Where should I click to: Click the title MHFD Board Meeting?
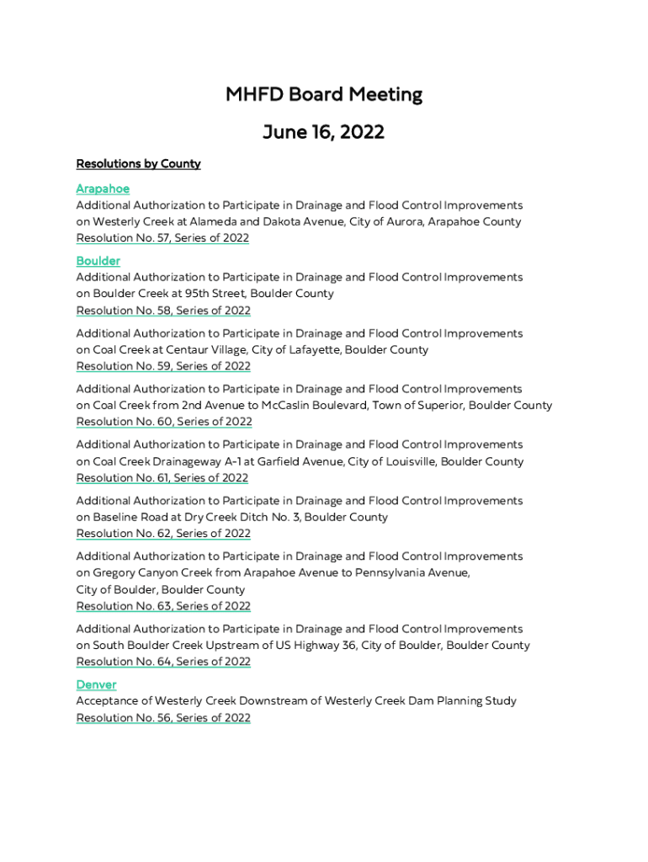pos(324,94)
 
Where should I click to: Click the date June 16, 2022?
pos(324,132)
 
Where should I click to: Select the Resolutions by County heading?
pos(138,163)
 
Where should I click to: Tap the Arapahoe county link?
pos(103,189)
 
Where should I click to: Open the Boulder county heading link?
pos(98,261)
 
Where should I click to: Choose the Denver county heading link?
pos(96,684)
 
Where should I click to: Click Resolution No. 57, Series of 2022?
pos(162,238)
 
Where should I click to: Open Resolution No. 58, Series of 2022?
pos(163,311)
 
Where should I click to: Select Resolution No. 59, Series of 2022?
pos(163,366)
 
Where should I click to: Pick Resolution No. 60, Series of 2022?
pos(164,422)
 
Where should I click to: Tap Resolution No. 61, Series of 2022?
pos(162,478)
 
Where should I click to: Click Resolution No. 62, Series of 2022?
pos(163,534)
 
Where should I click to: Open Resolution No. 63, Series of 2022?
pos(163,606)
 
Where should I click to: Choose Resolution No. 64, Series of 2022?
pos(163,662)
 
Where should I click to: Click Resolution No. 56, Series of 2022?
pos(163,718)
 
